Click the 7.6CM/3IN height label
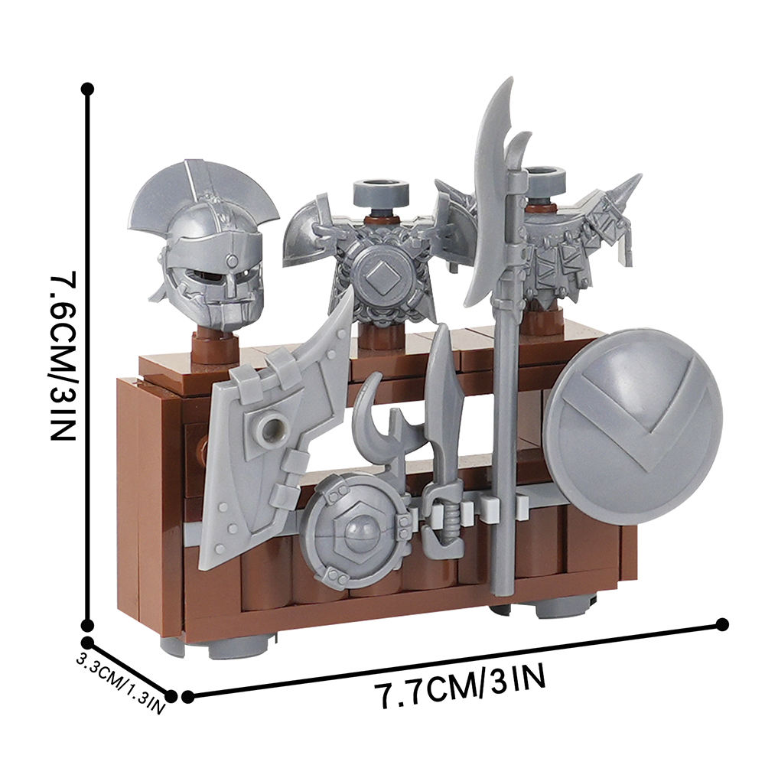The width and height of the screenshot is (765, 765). click(63, 358)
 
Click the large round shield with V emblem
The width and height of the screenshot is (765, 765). click(633, 426)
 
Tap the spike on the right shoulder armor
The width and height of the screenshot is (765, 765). click(626, 191)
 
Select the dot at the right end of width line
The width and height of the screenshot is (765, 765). click(721, 625)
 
